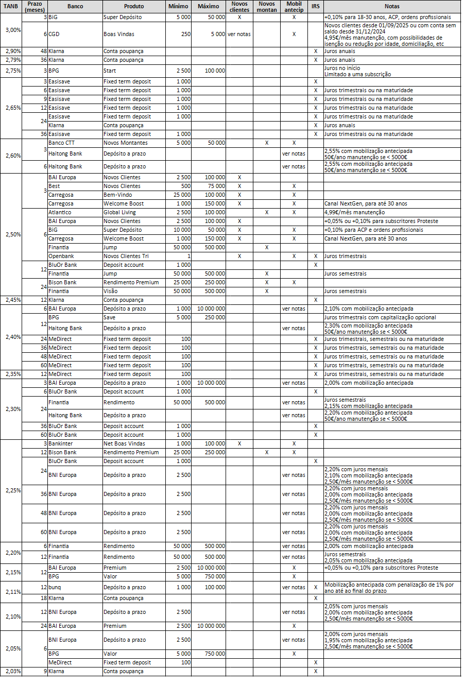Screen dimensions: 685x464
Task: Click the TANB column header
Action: coord(11,6)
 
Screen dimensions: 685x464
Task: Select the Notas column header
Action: coord(392,6)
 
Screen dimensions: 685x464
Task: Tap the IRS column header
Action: coord(315,6)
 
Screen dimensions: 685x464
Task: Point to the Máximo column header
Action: coord(208,6)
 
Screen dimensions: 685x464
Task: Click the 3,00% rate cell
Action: coord(12,30)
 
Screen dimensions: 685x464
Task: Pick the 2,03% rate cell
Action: coord(12,671)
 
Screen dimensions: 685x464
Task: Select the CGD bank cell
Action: coord(54,34)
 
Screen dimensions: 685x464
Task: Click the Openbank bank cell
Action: coord(60,256)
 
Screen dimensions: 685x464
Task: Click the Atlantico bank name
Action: coord(60,212)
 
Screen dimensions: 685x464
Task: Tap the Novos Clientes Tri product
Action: coord(126,256)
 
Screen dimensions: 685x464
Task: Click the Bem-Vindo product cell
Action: coord(116,195)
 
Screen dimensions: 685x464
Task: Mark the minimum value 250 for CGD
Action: coord(185,34)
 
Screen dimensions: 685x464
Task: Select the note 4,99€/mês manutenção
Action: coord(354,212)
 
